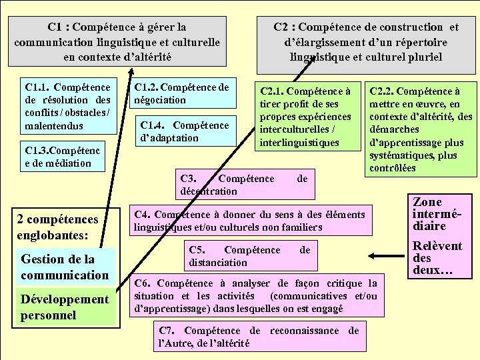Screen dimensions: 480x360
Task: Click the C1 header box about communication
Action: pyautogui.click(x=117, y=41)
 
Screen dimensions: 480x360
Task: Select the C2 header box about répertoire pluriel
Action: pyautogui.click(x=366, y=41)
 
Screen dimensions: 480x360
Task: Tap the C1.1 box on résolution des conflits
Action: pyautogui.click(x=67, y=106)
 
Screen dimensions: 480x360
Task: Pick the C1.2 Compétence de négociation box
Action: pyautogui.click(x=181, y=94)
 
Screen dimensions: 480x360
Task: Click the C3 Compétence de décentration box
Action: pyautogui.click(x=244, y=185)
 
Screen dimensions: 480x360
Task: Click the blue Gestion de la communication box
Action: pyautogui.click(x=65, y=267)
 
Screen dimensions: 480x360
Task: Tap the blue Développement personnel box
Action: pyautogui.click(x=65, y=307)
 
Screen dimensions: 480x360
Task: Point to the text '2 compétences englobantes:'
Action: pyautogui.click(x=57, y=227)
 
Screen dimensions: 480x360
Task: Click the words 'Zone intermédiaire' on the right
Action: pyautogui.click(x=437, y=213)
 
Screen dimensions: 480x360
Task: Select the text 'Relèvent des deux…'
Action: pyautogui.click(x=437, y=258)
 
